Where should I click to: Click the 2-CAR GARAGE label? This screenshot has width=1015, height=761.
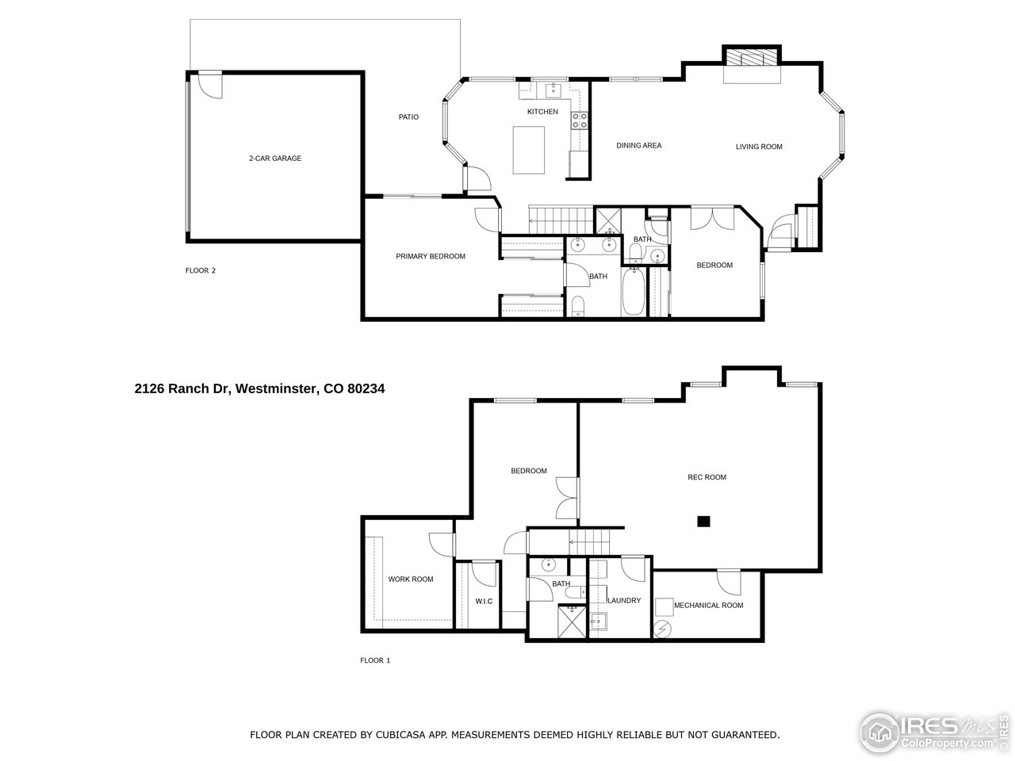click(274, 159)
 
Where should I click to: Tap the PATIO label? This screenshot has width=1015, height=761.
click(408, 117)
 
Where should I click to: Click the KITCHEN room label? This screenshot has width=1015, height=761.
click(542, 112)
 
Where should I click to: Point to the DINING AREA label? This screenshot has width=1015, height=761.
click(638, 146)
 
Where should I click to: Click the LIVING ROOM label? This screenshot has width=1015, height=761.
click(759, 147)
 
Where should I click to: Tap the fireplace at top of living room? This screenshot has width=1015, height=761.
click(751, 59)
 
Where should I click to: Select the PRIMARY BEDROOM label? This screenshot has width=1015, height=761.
click(431, 257)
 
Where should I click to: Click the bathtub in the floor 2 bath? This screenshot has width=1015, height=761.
click(634, 293)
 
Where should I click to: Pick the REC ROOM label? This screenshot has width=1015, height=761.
click(707, 477)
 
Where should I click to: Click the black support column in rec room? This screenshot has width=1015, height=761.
click(703, 521)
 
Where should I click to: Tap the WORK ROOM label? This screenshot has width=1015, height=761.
click(411, 579)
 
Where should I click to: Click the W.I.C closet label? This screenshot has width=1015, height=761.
click(484, 602)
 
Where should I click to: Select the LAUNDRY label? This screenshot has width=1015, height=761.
click(624, 601)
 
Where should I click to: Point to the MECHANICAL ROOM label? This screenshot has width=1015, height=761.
click(708, 606)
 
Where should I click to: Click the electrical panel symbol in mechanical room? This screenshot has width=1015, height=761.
click(663, 629)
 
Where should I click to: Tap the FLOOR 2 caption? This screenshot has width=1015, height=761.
click(201, 270)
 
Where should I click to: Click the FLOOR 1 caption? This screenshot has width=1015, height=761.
click(375, 660)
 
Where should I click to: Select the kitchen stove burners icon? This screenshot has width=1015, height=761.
click(580, 120)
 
